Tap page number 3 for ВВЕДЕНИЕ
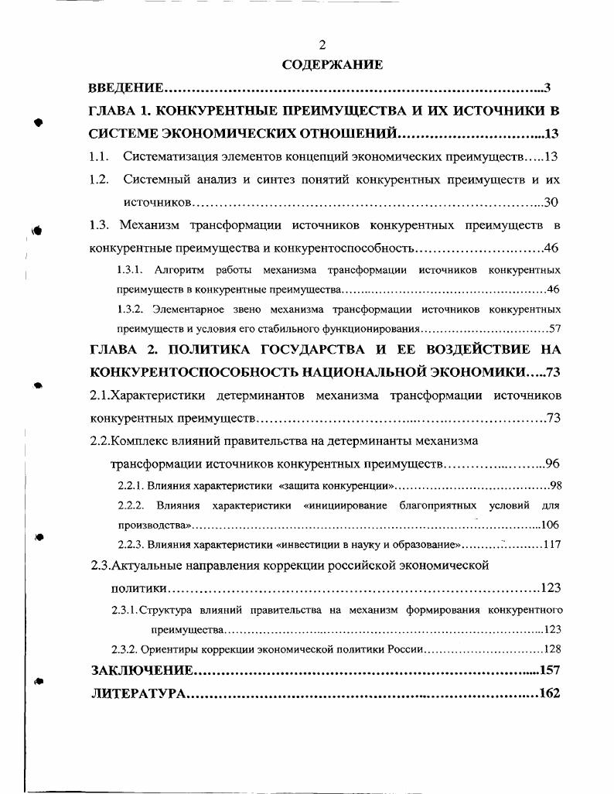coord(547,87)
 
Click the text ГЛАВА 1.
coord(121,111)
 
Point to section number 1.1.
coord(97,156)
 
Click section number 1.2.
coord(97,180)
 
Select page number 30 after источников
coord(551,203)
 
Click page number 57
coord(554,328)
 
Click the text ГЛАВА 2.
coord(121,349)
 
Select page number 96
coord(551,464)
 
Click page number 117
coord(551,544)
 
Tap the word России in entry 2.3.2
coord(402,649)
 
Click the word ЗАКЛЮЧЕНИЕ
coord(142,670)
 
